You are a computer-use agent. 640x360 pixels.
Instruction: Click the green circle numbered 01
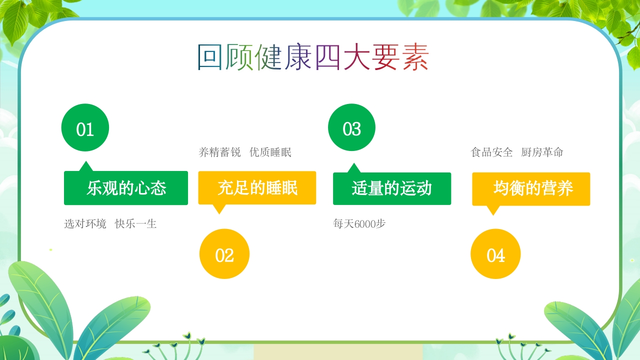coord(85,127)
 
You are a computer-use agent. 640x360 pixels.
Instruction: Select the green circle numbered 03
coord(351,127)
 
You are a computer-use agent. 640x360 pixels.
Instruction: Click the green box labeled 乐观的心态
coord(126,188)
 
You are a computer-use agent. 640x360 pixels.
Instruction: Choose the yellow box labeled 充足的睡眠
coord(257,188)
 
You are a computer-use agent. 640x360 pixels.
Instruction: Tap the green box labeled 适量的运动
coord(392,188)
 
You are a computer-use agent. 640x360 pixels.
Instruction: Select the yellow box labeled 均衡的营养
coord(531,188)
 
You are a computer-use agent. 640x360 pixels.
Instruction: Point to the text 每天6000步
coord(359,224)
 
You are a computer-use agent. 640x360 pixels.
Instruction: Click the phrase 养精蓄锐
coord(219,152)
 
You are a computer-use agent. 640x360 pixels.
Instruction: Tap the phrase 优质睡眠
coord(270,152)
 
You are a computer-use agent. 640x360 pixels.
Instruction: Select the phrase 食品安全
coord(492,152)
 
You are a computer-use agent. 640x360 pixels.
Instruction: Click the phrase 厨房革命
coord(542,152)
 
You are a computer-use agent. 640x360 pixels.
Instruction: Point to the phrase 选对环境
coord(85,224)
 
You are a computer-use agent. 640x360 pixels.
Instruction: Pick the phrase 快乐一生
coord(136,224)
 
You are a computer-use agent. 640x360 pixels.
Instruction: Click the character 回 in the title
coord(209,58)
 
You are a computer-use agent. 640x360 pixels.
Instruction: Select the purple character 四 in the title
coord(328,58)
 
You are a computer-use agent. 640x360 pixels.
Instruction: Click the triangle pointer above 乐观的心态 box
coord(86,166)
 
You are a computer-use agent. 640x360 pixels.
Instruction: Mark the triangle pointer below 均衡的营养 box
coord(493,210)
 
